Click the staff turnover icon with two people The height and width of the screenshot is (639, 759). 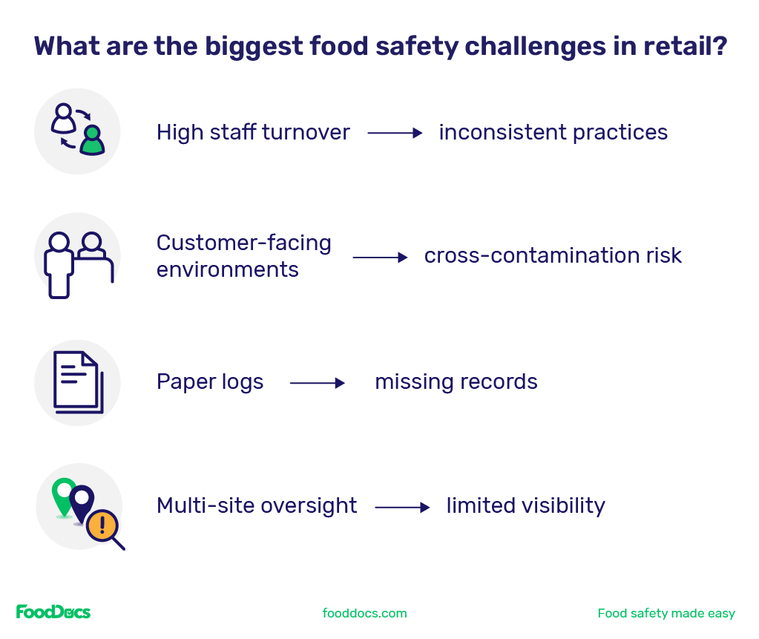pos(77,131)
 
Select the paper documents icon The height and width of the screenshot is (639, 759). pos(77,383)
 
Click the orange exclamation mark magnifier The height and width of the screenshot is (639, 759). pos(103,527)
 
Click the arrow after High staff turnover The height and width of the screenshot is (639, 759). pos(395,134)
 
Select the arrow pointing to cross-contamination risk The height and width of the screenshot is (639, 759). pos(380,258)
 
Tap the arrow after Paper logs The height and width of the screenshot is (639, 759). pos(318,383)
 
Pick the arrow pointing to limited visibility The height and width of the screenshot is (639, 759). pos(402,508)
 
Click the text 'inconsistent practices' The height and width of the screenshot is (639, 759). pos(553,133)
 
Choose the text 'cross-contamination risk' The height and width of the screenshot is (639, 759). pos(553,256)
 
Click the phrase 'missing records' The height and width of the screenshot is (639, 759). pos(456,382)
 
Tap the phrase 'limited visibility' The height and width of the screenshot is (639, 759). pos(525,506)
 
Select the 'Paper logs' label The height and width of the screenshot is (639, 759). pos(210,382)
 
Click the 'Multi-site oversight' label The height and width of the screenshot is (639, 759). pos(257,506)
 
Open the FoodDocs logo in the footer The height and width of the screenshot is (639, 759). pos(53,612)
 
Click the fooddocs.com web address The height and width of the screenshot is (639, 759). pos(364,613)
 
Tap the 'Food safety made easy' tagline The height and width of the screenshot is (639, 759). pos(666,613)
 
